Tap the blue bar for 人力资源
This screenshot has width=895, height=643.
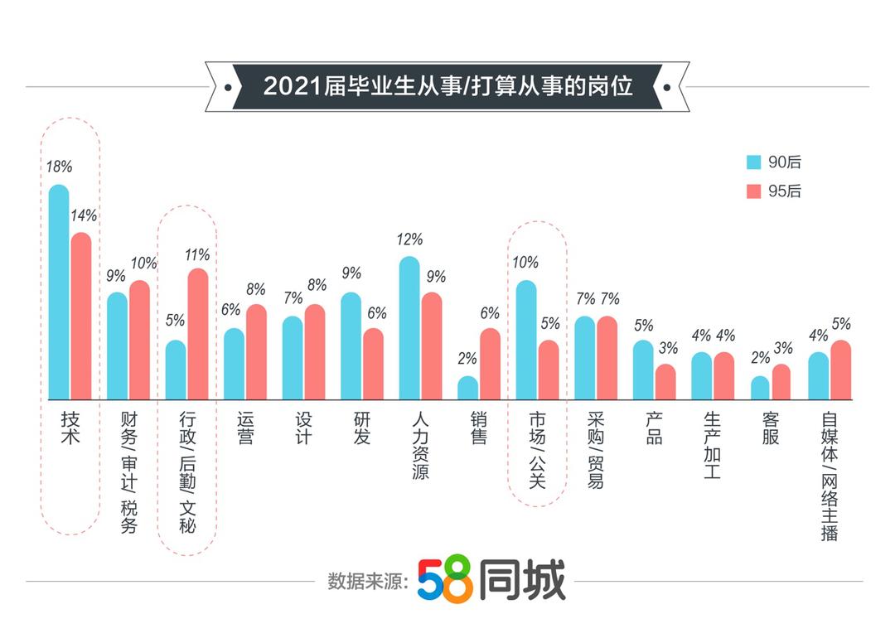click(409, 328)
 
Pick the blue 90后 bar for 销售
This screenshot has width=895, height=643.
click(468, 388)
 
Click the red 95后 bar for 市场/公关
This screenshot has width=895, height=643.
click(549, 370)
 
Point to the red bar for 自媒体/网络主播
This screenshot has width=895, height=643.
click(840, 370)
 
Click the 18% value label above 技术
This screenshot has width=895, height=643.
click(59, 167)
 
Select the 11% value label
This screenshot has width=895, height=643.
click(197, 255)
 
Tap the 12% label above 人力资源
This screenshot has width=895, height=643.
click(409, 239)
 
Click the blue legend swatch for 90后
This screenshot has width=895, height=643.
click(754, 162)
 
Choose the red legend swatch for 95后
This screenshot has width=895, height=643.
click(754, 191)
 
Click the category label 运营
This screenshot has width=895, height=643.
click(245, 428)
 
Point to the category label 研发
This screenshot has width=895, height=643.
click(362, 428)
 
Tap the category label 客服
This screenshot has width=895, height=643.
click(771, 428)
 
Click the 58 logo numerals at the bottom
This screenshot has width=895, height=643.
click(445, 579)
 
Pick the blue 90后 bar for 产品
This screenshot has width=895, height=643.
click(644, 370)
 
